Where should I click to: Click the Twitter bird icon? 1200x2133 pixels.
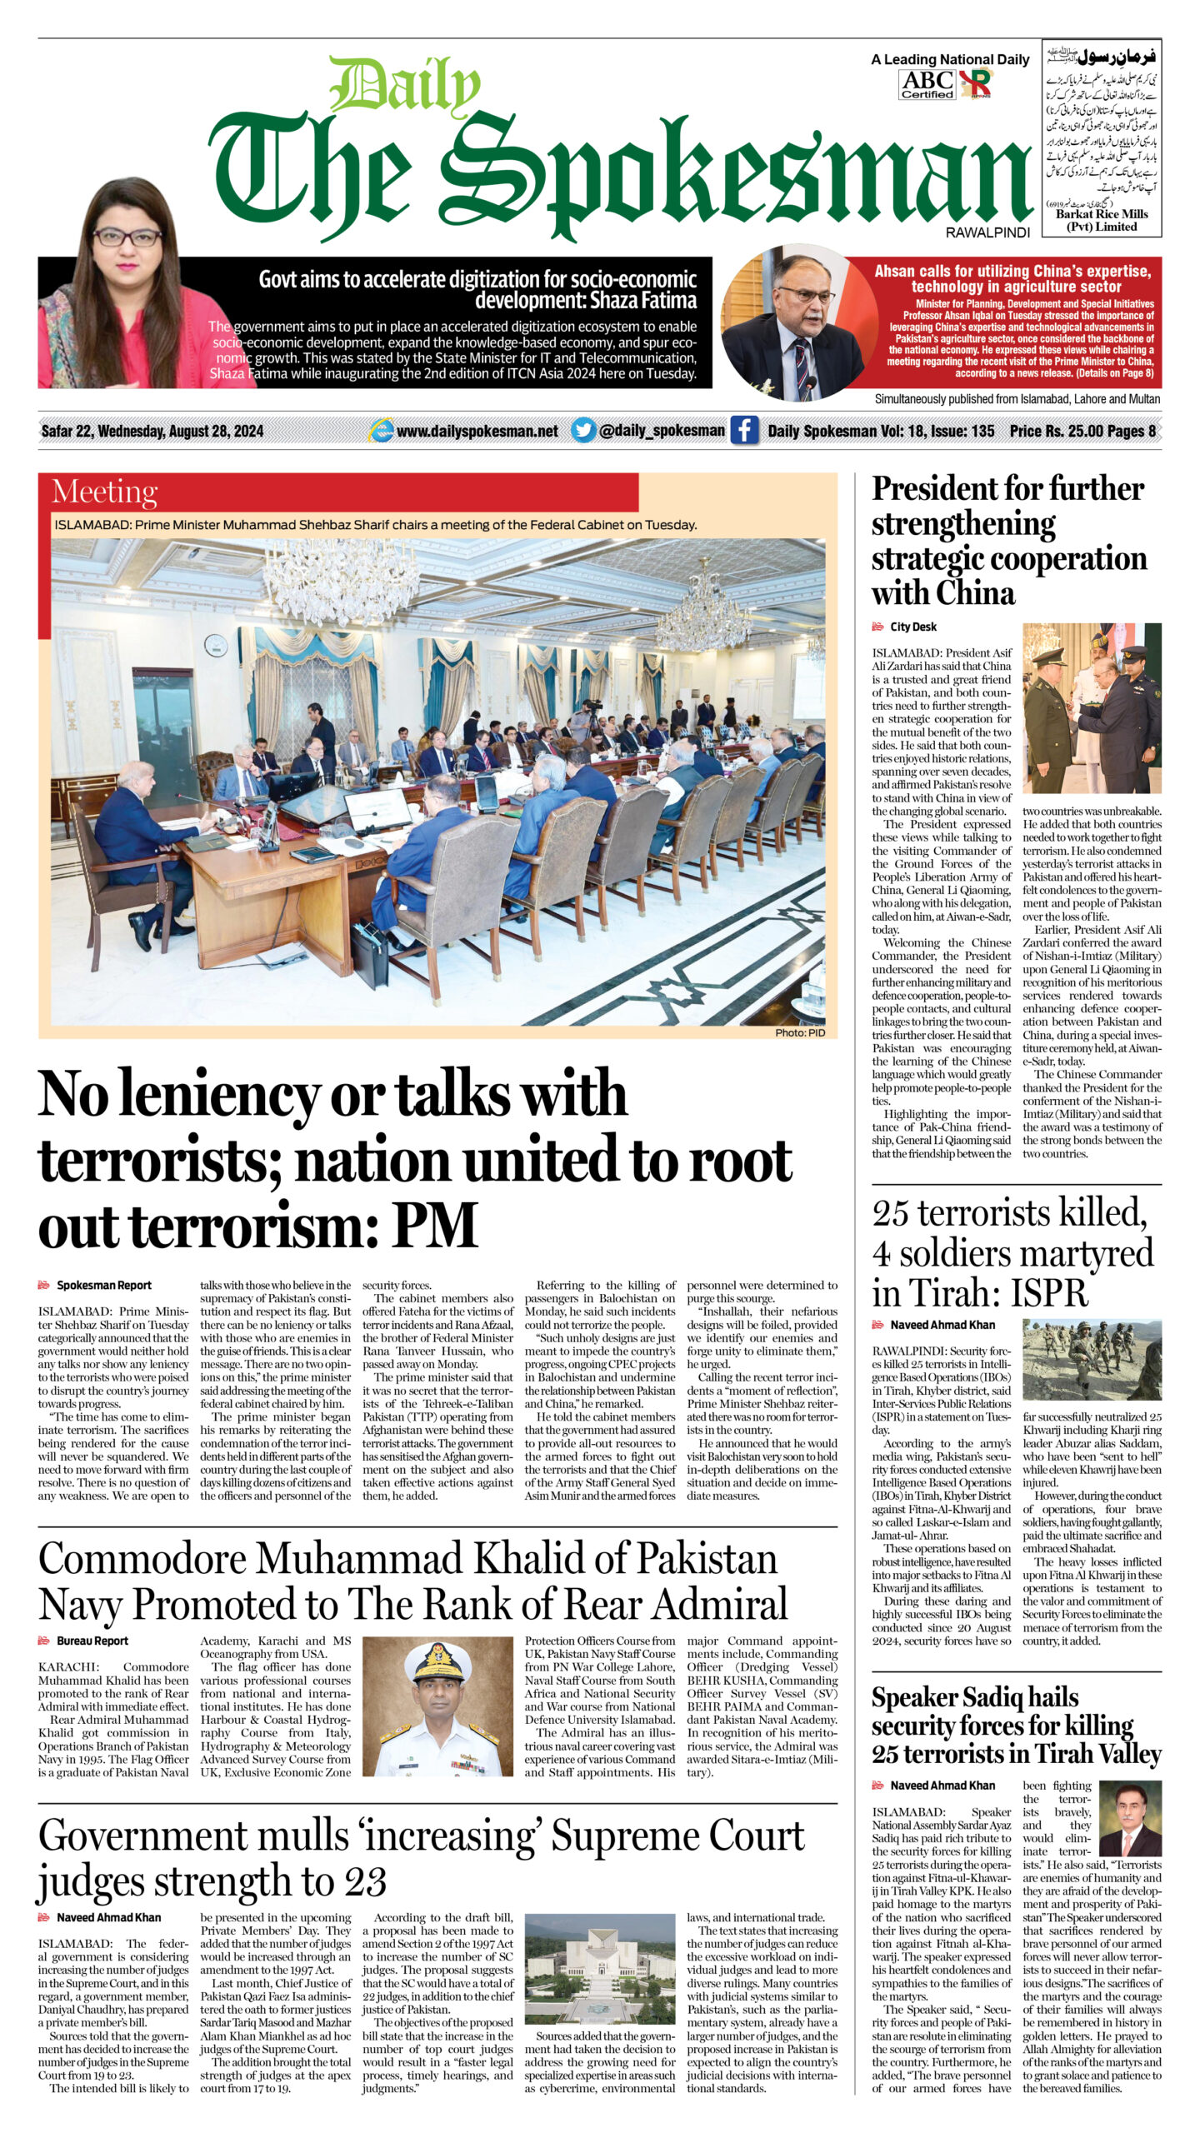[583, 431]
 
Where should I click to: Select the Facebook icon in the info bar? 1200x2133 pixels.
[744, 431]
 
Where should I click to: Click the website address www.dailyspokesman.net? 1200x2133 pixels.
[477, 432]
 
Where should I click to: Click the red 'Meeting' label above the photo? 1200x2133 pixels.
[104, 492]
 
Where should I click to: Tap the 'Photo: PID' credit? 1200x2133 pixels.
[800, 1032]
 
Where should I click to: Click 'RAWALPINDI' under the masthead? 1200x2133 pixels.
[987, 233]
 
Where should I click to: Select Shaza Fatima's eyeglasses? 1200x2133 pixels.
[127, 237]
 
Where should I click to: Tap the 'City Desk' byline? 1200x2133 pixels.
[912, 627]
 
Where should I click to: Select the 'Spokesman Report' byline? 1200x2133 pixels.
[103, 1286]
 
